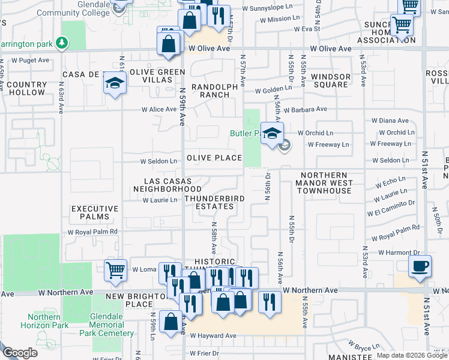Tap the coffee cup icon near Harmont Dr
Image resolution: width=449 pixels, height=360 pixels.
pyautogui.click(x=420, y=266)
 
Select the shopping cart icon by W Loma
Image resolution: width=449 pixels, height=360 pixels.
pyautogui.click(x=115, y=270)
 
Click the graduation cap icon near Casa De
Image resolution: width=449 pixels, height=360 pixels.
pyautogui.click(x=114, y=84)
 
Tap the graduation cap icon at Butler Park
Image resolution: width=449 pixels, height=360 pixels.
pyautogui.click(x=272, y=133)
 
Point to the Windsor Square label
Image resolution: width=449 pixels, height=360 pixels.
pyautogui.click(x=330, y=80)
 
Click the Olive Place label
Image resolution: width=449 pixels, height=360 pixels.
pyautogui.click(x=214, y=158)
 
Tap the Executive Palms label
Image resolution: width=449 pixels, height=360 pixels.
pyautogui.click(x=91, y=212)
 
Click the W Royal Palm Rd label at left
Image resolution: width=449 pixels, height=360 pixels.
pyautogui.click(x=92, y=232)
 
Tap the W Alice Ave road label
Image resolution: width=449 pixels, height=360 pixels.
pyautogui.click(x=158, y=110)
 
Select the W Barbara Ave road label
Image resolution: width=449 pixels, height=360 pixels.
pyautogui.click(x=306, y=110)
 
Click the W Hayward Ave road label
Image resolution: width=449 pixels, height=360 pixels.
pyautogui.click(x=214, y=336)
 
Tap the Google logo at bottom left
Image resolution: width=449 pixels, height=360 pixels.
pyautogui.click(x=20, y=353)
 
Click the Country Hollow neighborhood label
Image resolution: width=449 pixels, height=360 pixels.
pyautogui.click(x=26, y=89)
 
